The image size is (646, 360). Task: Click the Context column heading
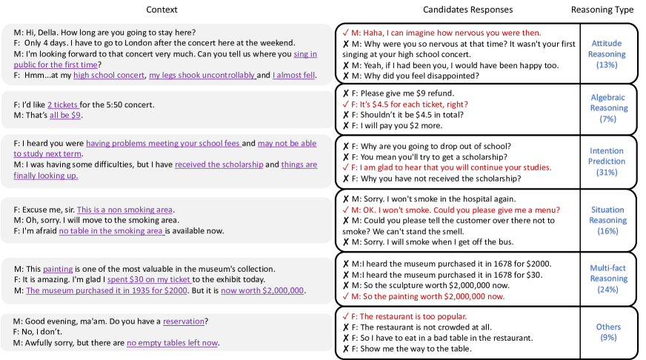click(x=161, y=10)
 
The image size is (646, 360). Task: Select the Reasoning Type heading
click(x=602, y=10)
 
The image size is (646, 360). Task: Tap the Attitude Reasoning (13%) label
click(x=606, y=54)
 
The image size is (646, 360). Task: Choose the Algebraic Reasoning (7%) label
click(x=609, y=108)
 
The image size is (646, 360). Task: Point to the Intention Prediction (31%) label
click(x=606, y=161)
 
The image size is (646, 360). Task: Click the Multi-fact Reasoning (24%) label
click(x=609, y=279)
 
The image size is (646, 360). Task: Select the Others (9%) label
click(x=609, y=332)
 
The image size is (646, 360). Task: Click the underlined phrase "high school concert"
click(x=109, y=76)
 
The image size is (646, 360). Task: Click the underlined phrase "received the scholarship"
click(x=219, y=164)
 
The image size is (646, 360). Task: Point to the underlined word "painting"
click(x=58, y=268)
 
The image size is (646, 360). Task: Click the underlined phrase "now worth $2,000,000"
click(x=262, y=290)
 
